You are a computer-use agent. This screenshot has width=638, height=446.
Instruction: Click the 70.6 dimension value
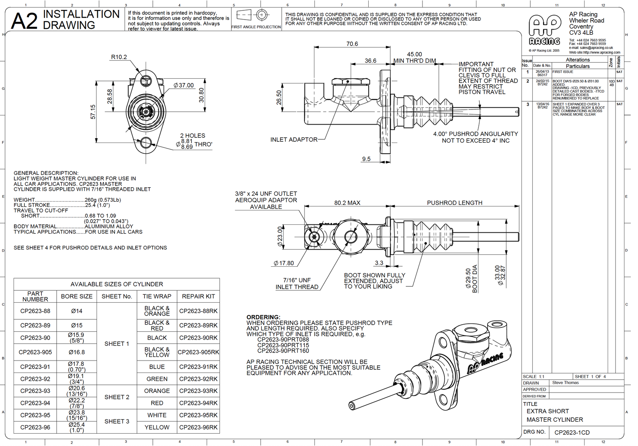point(352,44)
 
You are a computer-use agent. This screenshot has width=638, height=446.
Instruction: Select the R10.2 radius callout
point(119,57)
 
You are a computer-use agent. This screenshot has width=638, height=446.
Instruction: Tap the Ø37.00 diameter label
point(184,85)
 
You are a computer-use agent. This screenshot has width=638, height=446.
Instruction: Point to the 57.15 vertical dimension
point(93,112)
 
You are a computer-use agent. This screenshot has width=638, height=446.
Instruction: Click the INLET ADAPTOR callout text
point(294,140)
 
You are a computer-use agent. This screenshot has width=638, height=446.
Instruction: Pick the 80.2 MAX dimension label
point(347,203)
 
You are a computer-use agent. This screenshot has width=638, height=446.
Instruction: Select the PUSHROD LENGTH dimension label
point(454,203)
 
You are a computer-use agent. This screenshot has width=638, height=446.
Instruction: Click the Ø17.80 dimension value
point(284,263)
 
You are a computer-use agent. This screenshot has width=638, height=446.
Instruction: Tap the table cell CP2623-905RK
point(198,352)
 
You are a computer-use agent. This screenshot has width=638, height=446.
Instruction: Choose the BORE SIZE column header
point(77,296)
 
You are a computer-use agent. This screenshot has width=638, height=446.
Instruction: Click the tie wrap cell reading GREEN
point(157,379)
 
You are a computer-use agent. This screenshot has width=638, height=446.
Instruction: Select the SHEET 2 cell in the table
point(117,397)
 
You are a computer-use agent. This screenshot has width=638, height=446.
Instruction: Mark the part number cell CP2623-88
point(35,311)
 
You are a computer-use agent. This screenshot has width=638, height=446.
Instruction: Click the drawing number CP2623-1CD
point(572,432)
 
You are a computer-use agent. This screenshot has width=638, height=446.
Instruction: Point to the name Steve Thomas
point(565,383)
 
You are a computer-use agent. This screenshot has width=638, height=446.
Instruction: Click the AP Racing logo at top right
point(545,30)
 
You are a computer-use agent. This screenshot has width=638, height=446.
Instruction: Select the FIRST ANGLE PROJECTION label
point(256,27)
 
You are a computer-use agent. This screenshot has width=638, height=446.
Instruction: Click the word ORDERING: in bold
point(263,317)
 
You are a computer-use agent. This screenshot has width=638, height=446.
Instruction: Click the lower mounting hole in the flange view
point(146,142)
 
